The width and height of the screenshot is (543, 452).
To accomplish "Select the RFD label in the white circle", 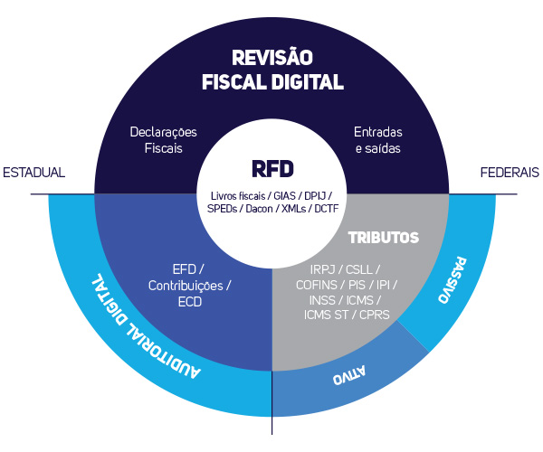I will point(272,169).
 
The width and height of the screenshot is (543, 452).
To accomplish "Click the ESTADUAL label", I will point(34,172).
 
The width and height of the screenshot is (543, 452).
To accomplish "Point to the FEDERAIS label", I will point(510,172).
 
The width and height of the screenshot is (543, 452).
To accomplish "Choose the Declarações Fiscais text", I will point(163,139).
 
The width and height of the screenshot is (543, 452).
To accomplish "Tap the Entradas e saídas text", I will point(377,139).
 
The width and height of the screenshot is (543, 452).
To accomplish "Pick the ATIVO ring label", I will point(338,375).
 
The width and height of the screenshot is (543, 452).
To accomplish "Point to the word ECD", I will point(189,302).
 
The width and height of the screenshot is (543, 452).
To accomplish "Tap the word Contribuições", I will point(189,286).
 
